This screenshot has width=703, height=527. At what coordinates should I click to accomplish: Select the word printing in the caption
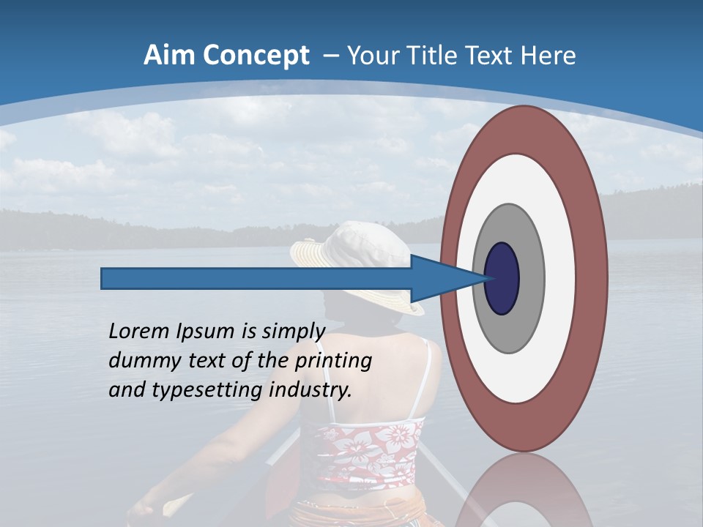(332, 360)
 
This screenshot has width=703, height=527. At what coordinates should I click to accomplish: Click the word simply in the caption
(291, 331)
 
